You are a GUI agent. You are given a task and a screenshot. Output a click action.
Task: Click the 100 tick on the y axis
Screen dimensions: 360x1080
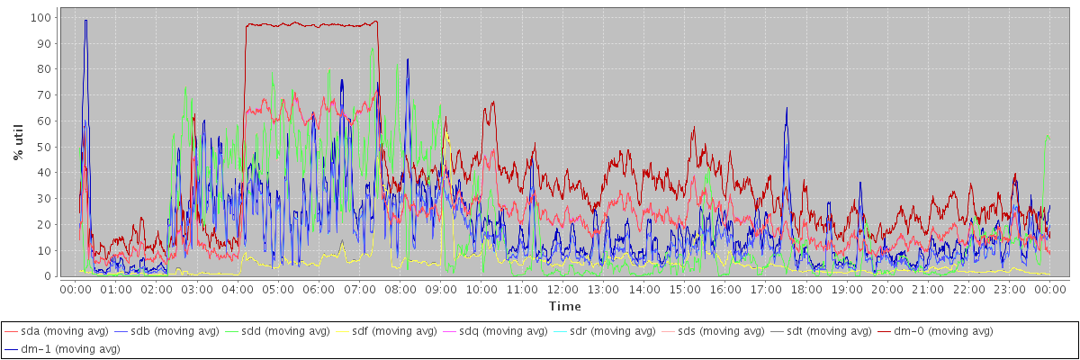click(40, 17)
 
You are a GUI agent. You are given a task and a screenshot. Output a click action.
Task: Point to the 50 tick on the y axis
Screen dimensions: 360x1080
click(42, 147)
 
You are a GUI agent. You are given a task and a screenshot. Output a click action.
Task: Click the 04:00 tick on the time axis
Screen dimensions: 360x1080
click(237, 290)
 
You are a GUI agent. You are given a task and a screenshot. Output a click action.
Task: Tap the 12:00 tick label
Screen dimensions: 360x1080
click(562, 290)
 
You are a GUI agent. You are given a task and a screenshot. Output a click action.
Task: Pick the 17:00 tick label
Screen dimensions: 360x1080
click(766, 290)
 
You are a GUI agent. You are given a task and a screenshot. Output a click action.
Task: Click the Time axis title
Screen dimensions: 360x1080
click(564, 306)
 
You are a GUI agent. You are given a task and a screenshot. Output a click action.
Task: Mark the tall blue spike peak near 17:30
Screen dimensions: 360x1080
click(787, 108)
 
